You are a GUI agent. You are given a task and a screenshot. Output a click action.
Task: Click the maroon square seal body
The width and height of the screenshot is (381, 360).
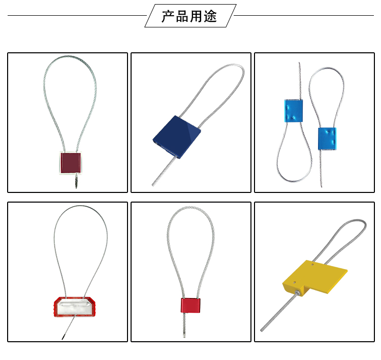70,162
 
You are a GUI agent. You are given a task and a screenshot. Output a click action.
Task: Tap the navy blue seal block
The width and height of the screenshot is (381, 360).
177,137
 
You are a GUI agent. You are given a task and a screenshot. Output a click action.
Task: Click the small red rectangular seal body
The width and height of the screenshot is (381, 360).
190,305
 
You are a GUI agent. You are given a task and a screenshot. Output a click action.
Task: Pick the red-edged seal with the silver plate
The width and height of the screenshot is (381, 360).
74,307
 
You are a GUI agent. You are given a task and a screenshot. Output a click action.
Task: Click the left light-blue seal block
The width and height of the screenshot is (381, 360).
294,111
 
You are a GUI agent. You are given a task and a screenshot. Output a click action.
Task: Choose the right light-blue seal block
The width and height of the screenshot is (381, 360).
327,139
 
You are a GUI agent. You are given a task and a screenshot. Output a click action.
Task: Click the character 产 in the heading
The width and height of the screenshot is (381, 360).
168,16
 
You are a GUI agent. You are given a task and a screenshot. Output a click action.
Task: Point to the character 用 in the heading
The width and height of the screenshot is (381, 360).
196,16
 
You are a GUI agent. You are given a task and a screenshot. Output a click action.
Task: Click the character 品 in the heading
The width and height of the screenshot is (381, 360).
182,16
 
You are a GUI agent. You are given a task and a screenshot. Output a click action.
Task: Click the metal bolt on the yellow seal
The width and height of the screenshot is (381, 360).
297,292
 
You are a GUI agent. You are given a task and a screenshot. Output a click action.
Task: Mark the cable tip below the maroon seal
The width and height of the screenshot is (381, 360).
76,187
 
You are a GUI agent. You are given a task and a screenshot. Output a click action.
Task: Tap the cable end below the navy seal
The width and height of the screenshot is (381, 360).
153,185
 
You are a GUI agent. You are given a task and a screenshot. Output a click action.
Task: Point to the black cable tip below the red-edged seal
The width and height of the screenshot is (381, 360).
63,338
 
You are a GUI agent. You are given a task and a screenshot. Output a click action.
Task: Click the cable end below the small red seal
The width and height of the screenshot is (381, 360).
184,336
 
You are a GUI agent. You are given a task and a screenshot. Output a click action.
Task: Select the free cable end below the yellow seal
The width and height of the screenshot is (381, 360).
262,330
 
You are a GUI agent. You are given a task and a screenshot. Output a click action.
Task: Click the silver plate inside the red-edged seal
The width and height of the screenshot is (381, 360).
74,307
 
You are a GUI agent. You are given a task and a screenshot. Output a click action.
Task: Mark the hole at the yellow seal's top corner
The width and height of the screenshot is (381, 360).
313,264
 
